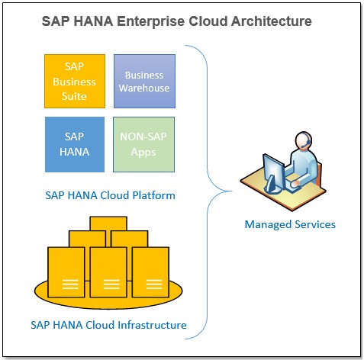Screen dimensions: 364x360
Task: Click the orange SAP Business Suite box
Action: click(75, 81)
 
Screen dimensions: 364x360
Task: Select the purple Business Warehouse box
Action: click(144, 81)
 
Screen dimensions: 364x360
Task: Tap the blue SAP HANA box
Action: click(75, 144)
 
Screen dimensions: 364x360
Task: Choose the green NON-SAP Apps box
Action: click(143, 144)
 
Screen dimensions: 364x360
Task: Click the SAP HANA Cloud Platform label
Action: click(110, 195)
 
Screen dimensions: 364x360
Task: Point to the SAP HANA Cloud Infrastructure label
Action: click(108, 325)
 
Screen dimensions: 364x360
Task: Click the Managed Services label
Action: click(290, 224)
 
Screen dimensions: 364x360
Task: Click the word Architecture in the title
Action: click(271, 21)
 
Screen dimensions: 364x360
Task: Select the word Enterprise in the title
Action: click(150, 21)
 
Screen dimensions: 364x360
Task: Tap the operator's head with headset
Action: click(304, 140)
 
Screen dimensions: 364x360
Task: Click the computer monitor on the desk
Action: click(274, 173)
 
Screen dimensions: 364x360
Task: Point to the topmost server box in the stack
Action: click(108, 223)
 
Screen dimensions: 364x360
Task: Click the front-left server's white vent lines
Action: click(70, 284)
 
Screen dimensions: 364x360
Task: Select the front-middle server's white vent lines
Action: click(111, 284)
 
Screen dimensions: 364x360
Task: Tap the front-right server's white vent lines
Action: click(154, 284)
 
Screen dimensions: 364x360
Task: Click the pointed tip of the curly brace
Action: click(232, 191)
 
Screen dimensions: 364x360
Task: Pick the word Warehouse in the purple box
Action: click(144, 88)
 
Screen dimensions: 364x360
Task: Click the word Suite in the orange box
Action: click(74, 96)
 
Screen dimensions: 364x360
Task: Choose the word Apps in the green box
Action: click(143, 153)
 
